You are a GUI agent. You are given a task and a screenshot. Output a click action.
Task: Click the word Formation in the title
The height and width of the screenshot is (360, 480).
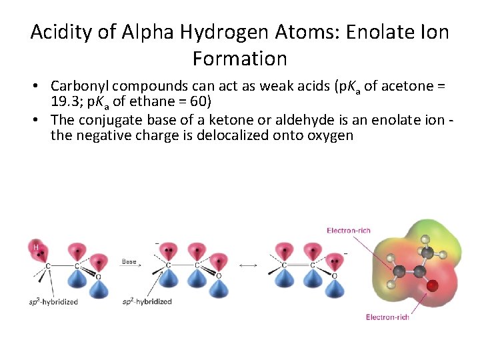pyautogui.click(x=240, y=59)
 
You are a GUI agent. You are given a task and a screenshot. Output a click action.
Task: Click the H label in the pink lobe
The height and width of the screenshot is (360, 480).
pyautogui.click(x=35, y=247)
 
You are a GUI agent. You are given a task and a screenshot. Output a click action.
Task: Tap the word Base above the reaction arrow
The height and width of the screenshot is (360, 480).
pyautogui.click(x=129, y=261)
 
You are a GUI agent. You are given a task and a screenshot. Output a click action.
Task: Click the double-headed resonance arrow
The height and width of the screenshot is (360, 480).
pyautogui.click(x=248, y=265)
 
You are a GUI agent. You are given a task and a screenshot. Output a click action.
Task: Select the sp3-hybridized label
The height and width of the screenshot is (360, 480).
pyautogui.click(x=53, y=302)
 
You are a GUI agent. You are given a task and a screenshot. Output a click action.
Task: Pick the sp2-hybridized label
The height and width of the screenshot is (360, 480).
pyautogui.click(x=147, y=302)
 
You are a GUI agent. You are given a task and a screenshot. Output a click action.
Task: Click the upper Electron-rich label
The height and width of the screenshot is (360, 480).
pyautogui.click(x=349, y=231)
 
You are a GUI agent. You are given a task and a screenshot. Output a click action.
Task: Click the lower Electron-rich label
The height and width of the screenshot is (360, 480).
pyautogui.click(x=387, y=317)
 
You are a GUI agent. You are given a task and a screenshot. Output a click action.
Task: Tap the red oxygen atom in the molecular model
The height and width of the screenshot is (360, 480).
pyautogui.click(x=432, y=286)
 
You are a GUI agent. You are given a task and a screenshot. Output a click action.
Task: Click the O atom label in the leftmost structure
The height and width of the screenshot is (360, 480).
pyautogui.click(x=99, y=276)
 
